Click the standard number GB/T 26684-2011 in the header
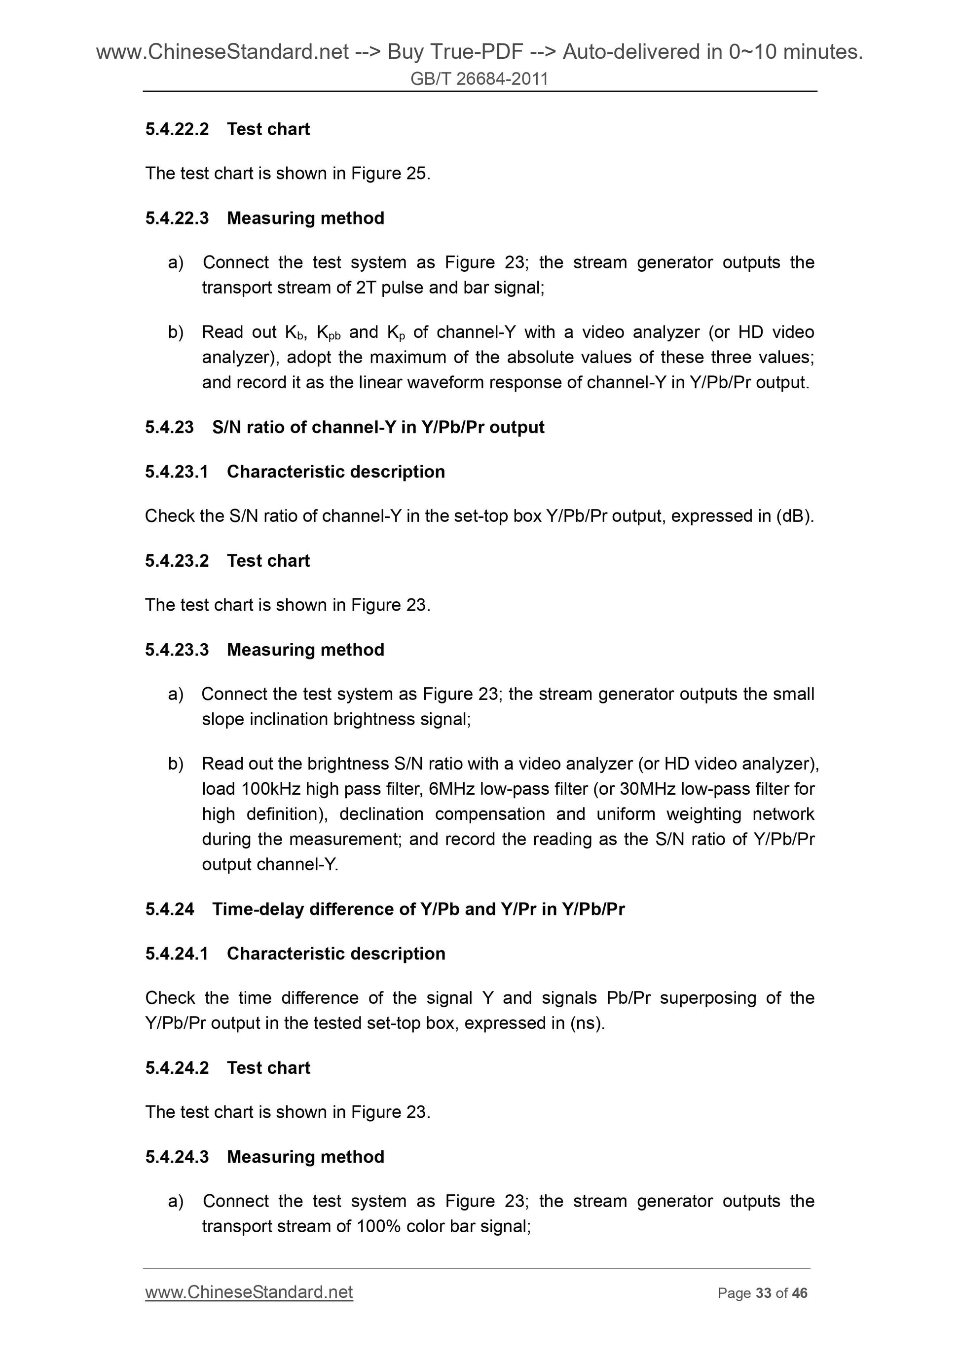[479, 78]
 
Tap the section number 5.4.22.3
[177, 218]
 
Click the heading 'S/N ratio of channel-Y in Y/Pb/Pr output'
[378, 427]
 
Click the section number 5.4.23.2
[177, 561]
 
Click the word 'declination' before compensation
[381, 814]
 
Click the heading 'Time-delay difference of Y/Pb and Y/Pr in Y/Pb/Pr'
[418, 909]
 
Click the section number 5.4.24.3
[177, 1156]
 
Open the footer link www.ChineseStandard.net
[249, 1292]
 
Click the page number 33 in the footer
[763, 1293]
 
